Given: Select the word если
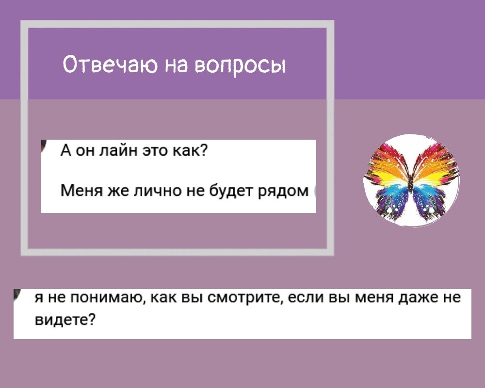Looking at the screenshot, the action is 306,298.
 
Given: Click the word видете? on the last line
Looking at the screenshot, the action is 65,319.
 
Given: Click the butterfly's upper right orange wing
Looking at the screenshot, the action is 433,165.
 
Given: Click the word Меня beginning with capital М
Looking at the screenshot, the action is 81,191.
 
